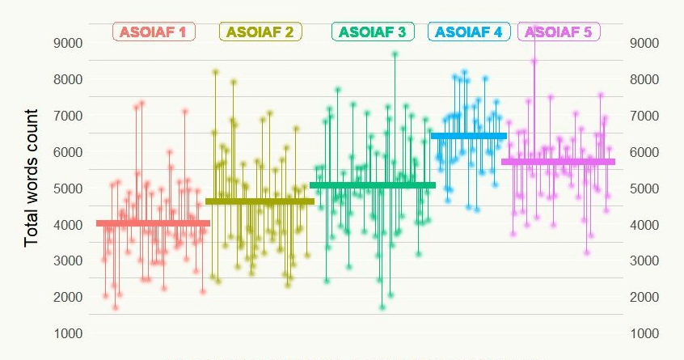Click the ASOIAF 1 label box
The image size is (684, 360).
pos(154,32)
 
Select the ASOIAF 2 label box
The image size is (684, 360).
pos(260,32)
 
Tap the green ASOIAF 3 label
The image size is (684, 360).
pos(373,32)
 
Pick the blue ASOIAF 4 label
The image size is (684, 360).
pos(469,32)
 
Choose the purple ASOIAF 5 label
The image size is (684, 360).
pos(559,32)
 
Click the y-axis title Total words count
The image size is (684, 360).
pos(32,178)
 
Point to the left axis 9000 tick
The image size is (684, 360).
pos(68,43)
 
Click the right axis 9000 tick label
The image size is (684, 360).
pos(644,43)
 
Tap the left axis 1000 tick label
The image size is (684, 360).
pos(68,334)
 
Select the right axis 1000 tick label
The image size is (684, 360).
pos(644,334)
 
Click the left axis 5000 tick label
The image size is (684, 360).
pos(68,188)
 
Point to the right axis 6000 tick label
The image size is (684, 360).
pos(644,152)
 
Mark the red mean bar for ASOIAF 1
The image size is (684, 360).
pos(153,223)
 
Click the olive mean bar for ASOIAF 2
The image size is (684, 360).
pos(260,201)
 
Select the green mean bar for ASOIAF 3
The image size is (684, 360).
pos(373,185)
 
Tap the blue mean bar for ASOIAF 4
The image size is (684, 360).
pos(469,136)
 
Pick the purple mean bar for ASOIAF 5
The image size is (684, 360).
pos(559,162)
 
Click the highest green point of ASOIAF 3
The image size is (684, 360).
pos(395,54)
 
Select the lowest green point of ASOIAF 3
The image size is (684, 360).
pos(382,307)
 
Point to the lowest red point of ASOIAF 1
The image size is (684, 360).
pos(116,307)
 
